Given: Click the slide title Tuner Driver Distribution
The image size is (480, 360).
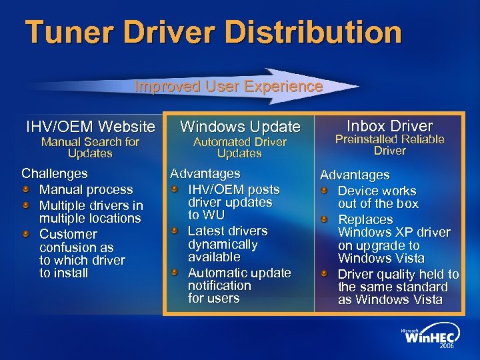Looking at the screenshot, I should [x=213, y=32].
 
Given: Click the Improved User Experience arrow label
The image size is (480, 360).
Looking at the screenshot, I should [x=228, y=87].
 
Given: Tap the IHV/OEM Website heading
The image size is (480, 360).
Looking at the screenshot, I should [x=90, y=126].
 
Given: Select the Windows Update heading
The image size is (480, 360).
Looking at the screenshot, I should [x=240, y=126].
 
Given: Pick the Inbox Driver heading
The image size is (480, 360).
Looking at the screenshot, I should [x=390, y=125].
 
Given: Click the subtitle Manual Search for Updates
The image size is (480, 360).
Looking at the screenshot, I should [x=90, y=147].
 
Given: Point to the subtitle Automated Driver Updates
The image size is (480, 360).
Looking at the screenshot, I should [x=240, y=147].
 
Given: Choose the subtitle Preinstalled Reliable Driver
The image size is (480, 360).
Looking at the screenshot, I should [x=390, y=145].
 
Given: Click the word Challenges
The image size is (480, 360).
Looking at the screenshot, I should [x=54, y=173].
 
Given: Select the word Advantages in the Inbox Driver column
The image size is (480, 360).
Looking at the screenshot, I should [x=355, y=175].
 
